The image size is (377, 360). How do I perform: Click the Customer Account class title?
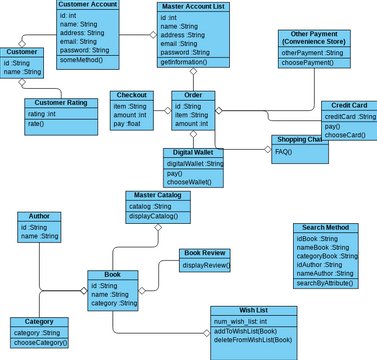click(88, 5)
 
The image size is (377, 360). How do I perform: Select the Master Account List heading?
click(193, 7)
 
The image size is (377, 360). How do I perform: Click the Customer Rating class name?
click(61, 103)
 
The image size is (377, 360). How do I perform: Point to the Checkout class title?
click(131, 95)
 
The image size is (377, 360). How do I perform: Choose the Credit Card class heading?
click(348, 106)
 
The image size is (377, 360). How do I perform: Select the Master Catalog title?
click(158, 196)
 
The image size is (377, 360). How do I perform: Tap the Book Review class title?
click(205, 254)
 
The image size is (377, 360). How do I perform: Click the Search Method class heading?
click(326, 228)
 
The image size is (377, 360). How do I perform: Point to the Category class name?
click(39, 322)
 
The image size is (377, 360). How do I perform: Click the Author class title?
click(39, 216)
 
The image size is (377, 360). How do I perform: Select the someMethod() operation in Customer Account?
click(81, 60)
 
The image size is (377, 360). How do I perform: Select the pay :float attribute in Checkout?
click(126, 124)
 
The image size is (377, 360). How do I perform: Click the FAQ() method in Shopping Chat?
click(283, 151)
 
